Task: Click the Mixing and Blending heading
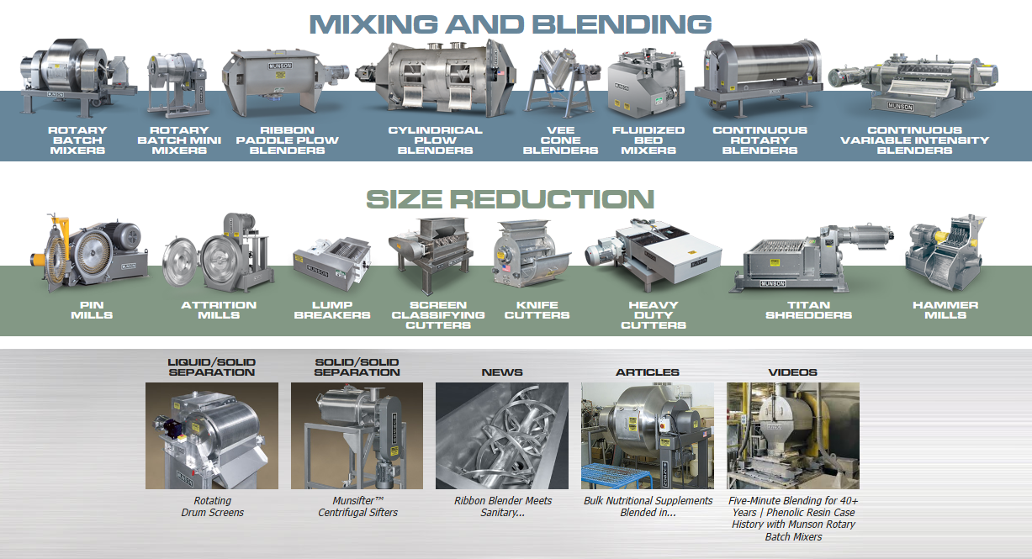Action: click(x=511, y=23)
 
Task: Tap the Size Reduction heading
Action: click(x=510, y=199)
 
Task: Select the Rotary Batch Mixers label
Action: click(x=77, y=140)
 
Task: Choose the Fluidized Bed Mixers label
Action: click(x=648, y=140)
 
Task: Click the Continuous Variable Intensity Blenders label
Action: click(x=914, y=140)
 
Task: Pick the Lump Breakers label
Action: click(x=331, y=310)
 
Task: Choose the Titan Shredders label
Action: click(x=809, y=310)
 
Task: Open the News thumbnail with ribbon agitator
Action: click(x=502, y=435)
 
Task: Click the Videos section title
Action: click(x=792, y=372)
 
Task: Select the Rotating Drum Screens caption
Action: click(x=212, y=506)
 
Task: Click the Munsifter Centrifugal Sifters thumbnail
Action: click(x=357, y=435)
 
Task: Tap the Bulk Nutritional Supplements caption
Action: click(x=648, y=506)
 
